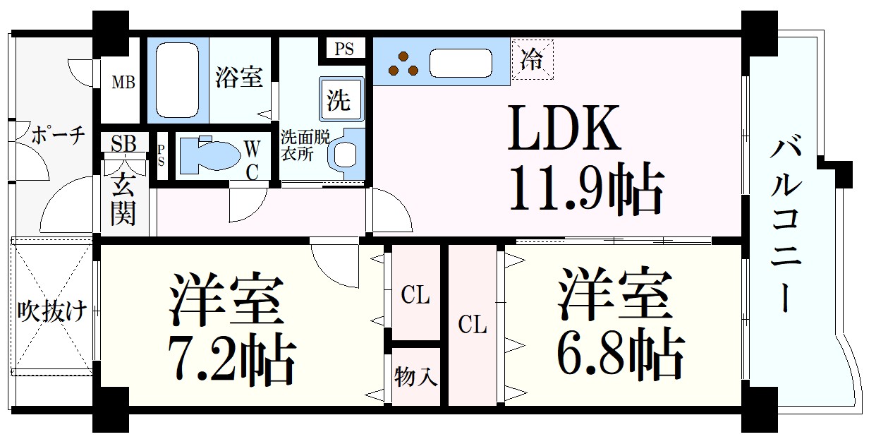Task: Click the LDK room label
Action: (x=564, y=128)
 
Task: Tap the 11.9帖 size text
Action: (x=586, y=188)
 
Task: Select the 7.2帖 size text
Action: (x=231, y=356)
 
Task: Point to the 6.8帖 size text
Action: (x=620, y=354)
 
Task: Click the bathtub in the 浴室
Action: (x=177, y=80)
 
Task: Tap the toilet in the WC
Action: (x=210, y=154)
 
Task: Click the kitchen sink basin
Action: (x=461, y=63)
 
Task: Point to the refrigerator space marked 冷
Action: (x=533, y=59)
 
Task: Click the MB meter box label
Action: (x=123, y=83)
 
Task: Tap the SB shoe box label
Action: (x=123, y=143)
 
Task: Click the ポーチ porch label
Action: (x=58, y=135)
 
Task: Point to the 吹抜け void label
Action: (x=51, y=312)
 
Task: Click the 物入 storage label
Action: (x=415, y=378)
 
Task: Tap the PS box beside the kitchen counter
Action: (x=343, y=49)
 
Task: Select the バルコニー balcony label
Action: (x=787, y=222)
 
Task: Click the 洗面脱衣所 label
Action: (x=305, y=145)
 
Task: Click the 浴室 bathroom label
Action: (x=238, y=77)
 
